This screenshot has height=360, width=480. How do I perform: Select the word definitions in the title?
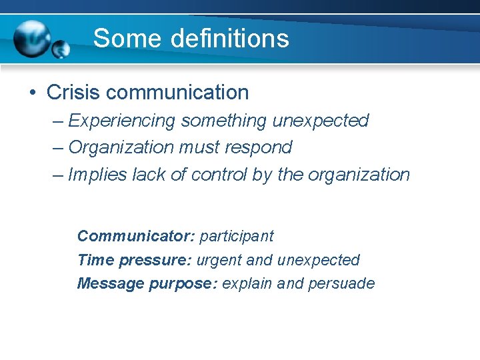[x=230, y=39]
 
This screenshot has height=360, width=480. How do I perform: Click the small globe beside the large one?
[x=61, y=49]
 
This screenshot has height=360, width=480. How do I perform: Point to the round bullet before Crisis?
[x=32, y=93]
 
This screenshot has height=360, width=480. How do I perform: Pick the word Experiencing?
[x=122, y=121]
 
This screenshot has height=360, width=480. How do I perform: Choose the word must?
[x=199, y=147]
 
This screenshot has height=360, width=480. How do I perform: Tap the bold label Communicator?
[x=136, y=236]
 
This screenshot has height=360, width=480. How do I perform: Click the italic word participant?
[x=237, y=236]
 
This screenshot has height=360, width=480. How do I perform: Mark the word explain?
[x=247, y=284]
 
